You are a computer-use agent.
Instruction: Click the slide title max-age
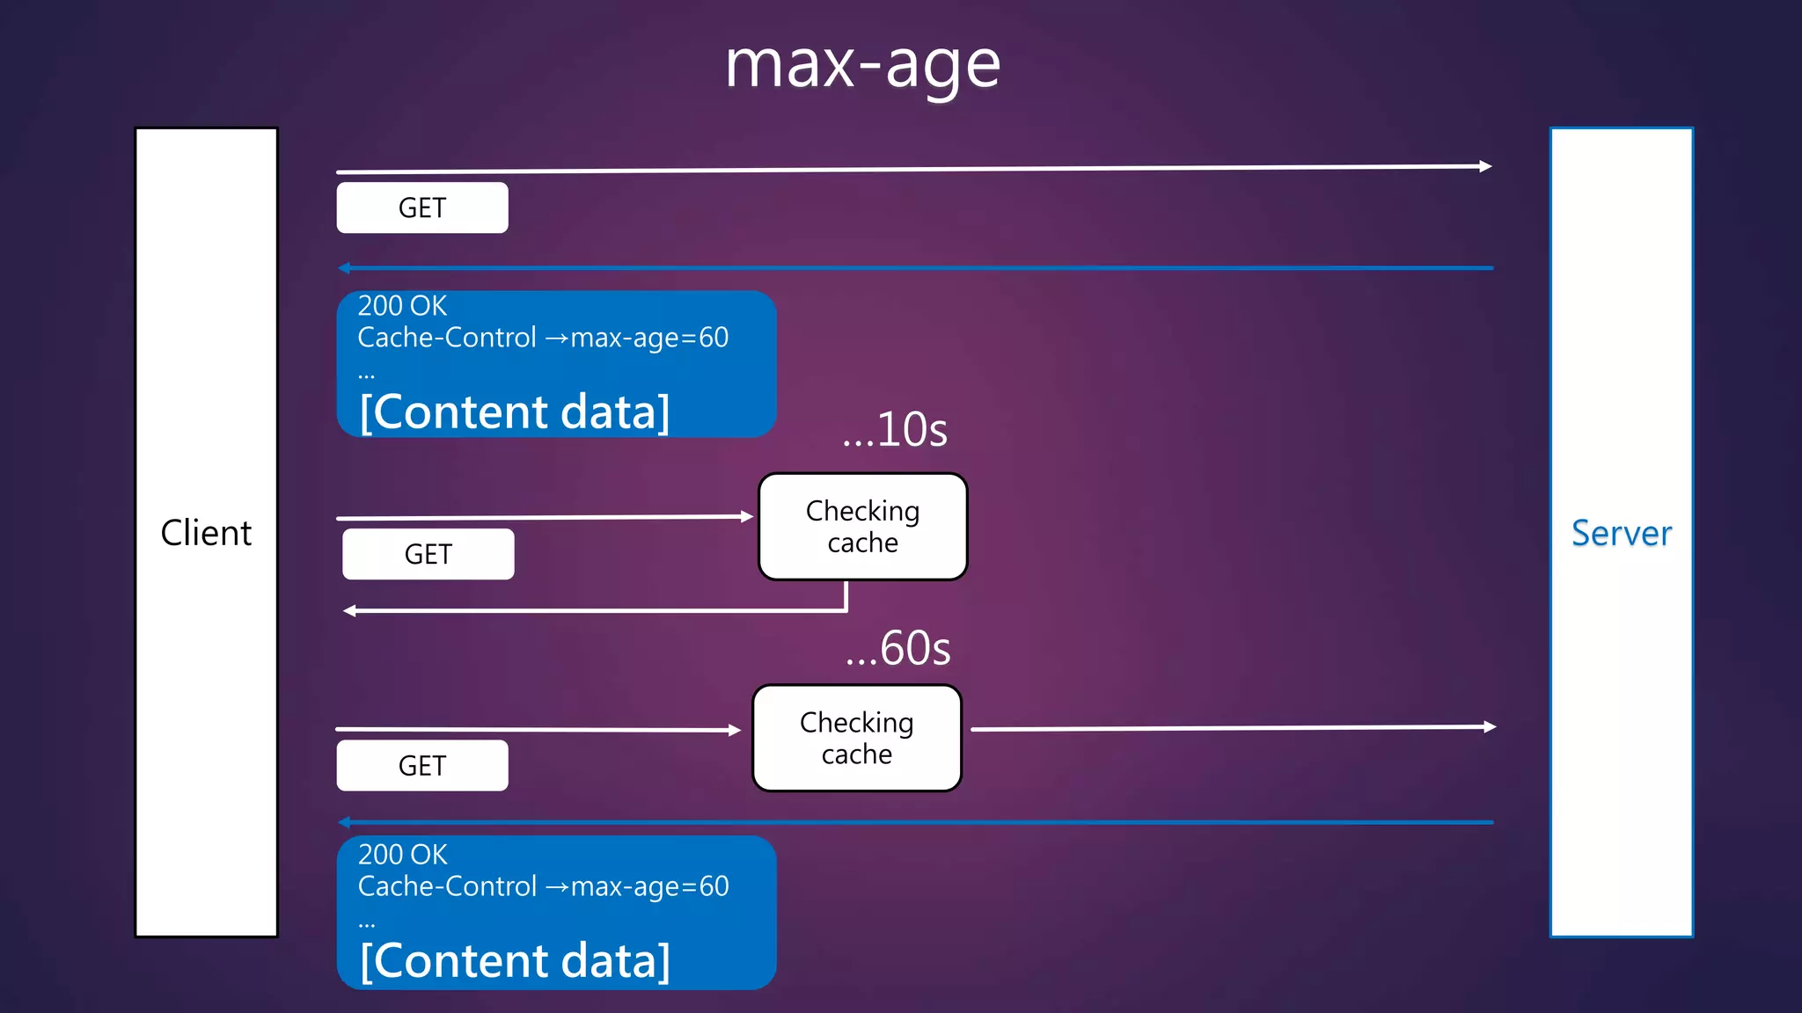point(862,65)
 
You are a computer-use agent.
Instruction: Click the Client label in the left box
point(206,533)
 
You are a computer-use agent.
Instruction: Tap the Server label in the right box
point(1621,533)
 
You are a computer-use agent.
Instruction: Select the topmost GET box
point(422,208)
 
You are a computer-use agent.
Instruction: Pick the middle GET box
point(429,554)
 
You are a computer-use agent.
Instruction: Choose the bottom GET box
point(422,766)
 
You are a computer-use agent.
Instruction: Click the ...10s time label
point(895,430)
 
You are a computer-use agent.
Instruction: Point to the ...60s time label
point(898,649)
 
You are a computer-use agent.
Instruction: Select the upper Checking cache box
point(862,527)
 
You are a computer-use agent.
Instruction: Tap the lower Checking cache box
point(857,739)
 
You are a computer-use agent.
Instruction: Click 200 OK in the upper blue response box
point(402,306)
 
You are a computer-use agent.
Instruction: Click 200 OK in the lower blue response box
point(402,855)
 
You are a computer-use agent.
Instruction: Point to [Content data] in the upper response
point(515,412)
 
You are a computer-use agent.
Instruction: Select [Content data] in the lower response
point(515,960)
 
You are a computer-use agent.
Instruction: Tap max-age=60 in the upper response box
point(649,338)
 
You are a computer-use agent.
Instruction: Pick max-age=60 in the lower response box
point(649,886)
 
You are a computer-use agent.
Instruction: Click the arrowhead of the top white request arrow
point(1486,166)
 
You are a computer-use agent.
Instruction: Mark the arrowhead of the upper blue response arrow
point(344,267)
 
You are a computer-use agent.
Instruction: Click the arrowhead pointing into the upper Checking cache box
point(747,516)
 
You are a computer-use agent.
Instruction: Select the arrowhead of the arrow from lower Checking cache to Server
point(1490,726)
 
